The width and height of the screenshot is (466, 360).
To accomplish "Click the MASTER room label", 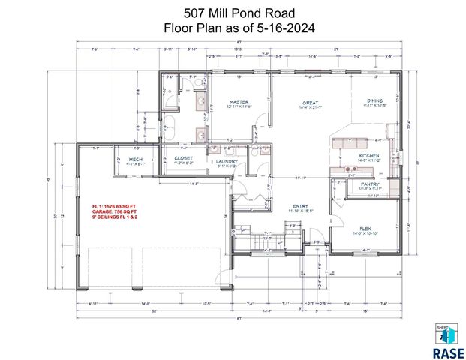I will [x=239, y=101].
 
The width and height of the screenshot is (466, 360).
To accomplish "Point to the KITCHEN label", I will [x=368, y=155].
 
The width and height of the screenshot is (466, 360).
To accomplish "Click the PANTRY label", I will [x=369, y=184].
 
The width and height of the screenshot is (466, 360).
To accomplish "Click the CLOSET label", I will [x=184, y=159].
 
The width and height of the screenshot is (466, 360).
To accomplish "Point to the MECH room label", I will [x=136, y=159].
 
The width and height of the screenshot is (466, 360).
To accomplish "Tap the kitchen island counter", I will [x=349, y=142].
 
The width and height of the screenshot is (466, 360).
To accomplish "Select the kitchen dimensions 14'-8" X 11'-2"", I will [x=368, y=160].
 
